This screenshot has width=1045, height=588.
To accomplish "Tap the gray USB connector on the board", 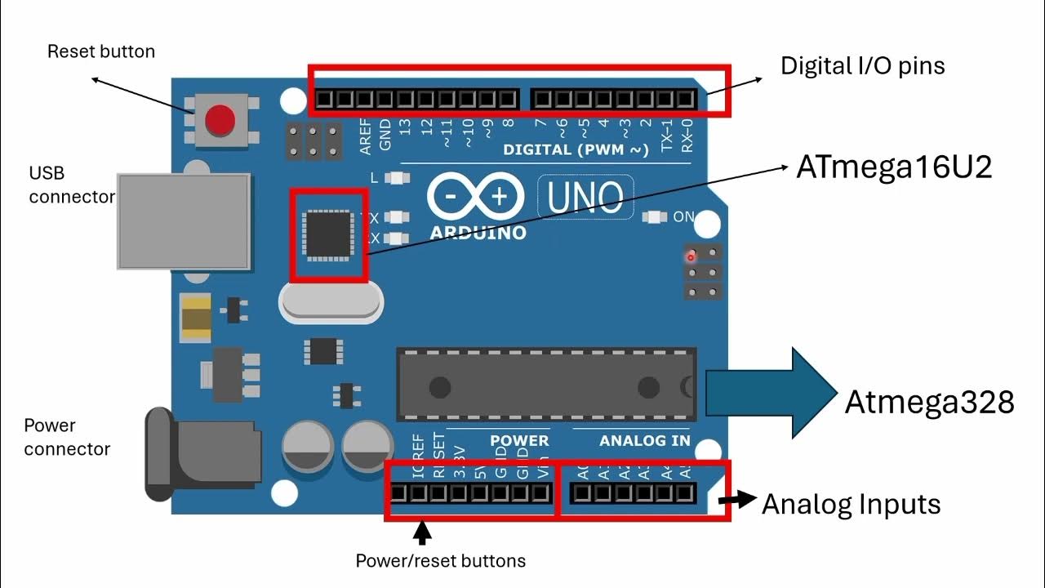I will (184, 220).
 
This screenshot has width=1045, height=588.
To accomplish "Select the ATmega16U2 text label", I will (894, 167).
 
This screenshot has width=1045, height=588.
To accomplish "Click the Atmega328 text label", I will (929, 402).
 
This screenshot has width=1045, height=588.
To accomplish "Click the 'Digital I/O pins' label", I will (863, 65).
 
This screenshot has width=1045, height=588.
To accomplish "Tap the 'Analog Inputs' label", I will (851, 504).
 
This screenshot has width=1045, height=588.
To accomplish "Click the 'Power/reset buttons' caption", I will (440, 561).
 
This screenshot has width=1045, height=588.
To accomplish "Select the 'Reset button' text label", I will (101, 51).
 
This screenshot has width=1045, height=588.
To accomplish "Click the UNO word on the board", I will (585, 197).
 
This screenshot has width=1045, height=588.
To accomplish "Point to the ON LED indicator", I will (653, 217).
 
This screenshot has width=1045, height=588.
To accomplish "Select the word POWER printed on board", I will (519, 441).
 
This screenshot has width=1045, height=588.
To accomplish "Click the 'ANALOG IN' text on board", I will (644, 441).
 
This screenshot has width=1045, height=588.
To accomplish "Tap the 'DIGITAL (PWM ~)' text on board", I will (576, 149).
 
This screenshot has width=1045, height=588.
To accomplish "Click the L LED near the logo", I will (398, 177).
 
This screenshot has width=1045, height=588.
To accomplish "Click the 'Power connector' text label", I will (66, 437).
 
